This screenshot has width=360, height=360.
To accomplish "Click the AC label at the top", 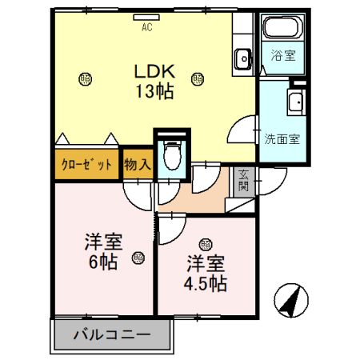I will pyautogui.click(x=146, y=27).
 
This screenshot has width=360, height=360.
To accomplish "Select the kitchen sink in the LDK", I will pyautogui.click(x=243, y=57).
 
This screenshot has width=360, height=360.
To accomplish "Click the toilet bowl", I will pyautogui.click(x=170, y=154).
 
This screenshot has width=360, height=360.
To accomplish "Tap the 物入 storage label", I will pyautogui.click(x=138, y=166).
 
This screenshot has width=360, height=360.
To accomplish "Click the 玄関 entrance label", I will pyautogui.click(x=242, y=182).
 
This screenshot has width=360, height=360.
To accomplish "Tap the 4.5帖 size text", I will pyautogui.click(x=206, y=282).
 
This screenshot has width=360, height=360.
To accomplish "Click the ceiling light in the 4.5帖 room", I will pyautogui.click(x=206, y=245).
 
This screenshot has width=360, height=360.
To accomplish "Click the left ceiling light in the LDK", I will pyautogui.click(x=86, y=78).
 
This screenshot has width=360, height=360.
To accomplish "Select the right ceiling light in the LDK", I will pyautogui.click(x=197, y=78).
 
